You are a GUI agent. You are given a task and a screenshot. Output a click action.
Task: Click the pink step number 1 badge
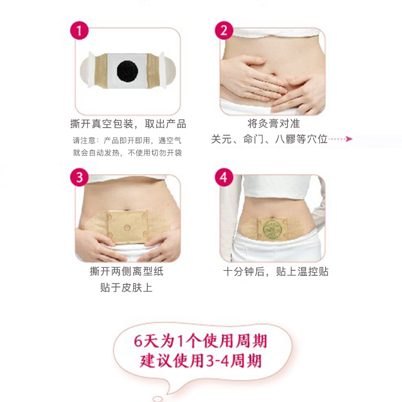[x=79, y=31]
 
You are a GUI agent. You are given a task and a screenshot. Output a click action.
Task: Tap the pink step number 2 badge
[x=224, y=31]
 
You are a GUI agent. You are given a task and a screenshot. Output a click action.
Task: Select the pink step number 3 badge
[x=79, y=177]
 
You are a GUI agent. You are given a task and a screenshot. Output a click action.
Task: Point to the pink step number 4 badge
[x=224, y=177]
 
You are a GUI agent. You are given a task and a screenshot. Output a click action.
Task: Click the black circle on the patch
[x=128, y=71]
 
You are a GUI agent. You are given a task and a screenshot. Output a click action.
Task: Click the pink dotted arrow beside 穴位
[x=341, y=139]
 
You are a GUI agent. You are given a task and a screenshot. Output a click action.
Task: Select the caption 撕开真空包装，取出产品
[x=128, y=124]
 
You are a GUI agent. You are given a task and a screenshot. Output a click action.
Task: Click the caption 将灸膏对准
[x=274, y=124]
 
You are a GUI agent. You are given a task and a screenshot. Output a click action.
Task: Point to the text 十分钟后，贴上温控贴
[x=275, y=271]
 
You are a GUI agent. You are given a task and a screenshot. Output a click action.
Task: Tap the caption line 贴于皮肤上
[x=127, y=287]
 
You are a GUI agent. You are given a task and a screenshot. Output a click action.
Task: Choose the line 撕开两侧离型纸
[x=127, y=271]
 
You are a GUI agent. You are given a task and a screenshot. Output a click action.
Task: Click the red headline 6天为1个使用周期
[x=200, y=341]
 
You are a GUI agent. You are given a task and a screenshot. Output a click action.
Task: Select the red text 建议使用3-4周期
[x=200, y=361]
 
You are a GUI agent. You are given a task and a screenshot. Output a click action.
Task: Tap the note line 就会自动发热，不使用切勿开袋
[x=128, y=153]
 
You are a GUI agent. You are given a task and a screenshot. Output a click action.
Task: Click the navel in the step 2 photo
[x=273, y=74]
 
